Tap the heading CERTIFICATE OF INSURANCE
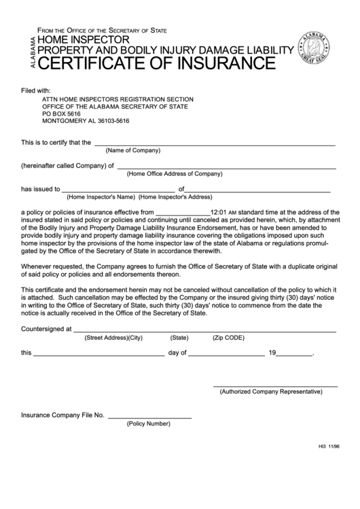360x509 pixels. [x=156, y=65]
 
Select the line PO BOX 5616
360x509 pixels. [x=66, y=113]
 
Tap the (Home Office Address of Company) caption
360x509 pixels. [x=175, y=173]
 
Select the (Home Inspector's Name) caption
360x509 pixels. [x=101, y=198]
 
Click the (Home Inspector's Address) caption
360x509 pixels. [x=175, y=198]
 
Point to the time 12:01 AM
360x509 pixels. [x=223, y=212]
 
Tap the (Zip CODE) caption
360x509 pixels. [x=228, y=337]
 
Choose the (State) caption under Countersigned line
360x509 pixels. [x=179, y=337]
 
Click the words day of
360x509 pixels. [x=177, y=353]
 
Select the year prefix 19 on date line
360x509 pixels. [x=272, y=353]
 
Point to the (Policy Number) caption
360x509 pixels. [x=148, y=423]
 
